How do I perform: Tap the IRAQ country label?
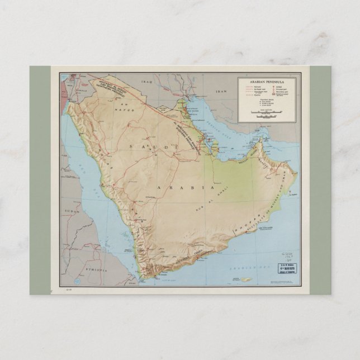[146, 82]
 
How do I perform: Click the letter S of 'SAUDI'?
[131, 146]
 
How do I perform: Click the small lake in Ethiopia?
[82, 263]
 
